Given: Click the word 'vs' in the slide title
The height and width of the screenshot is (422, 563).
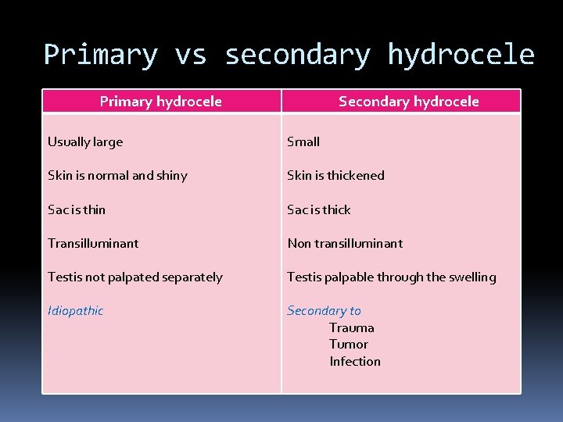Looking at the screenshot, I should [x=191, y=55].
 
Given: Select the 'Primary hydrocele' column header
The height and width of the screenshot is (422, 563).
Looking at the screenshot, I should [x=161, y=102].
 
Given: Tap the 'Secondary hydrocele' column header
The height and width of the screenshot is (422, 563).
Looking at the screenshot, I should [x=408, y=102].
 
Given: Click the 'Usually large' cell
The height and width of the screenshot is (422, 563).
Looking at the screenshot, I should [x=85, y=141].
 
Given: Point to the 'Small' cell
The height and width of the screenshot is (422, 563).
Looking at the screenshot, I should [x=303, y=141].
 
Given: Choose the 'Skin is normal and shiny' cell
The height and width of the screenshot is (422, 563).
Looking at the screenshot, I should [x=117, y=175].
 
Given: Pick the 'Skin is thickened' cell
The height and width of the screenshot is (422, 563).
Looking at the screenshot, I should [x=335, y=175].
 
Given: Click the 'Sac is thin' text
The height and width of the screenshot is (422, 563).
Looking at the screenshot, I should [x=77, y=209].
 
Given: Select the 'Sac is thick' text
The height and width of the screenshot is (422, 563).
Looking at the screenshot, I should [x=319, y=209].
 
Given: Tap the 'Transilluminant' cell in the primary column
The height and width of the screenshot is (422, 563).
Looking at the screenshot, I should [x=93, y=243].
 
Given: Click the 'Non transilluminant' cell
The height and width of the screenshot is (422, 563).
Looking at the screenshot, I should [x=345, y=243].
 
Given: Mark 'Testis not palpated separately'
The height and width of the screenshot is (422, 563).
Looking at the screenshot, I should [x=135, y=277].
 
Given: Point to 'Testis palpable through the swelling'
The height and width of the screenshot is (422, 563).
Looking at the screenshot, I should [x=391, y=277].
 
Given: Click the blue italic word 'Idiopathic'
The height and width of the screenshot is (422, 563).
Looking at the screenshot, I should [x=75, y=310].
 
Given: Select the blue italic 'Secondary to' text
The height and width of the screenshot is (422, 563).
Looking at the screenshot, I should [x=324, y=310].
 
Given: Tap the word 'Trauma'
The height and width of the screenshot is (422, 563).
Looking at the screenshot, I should [x=352, y=327].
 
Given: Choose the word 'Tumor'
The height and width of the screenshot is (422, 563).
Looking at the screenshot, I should [x=349, y=344].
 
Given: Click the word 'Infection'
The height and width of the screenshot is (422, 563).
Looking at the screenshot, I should [x=355, y=361].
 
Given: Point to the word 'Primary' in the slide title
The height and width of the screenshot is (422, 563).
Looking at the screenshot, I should [x=101, y=55].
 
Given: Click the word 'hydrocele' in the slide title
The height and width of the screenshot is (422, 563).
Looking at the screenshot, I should [x=461, y=55].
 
